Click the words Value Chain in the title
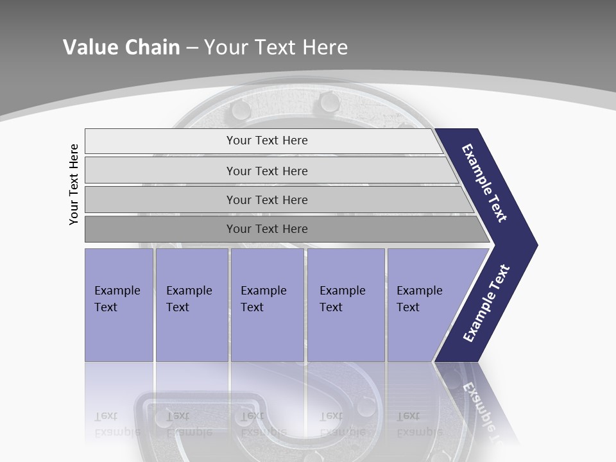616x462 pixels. coord(121,47)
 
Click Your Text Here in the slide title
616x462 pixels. coord(276,47)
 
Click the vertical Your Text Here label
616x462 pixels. coord(74,184)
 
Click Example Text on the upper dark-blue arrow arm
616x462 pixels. coord(484,183)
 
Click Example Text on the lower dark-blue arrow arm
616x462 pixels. coord(486,304)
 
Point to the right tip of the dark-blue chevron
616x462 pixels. coord(536,245)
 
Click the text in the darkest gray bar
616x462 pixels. coord(267,229)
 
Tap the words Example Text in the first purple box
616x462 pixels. coord(117,298)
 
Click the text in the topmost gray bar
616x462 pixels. coord(267,141)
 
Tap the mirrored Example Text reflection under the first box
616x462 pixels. coord(117,424)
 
